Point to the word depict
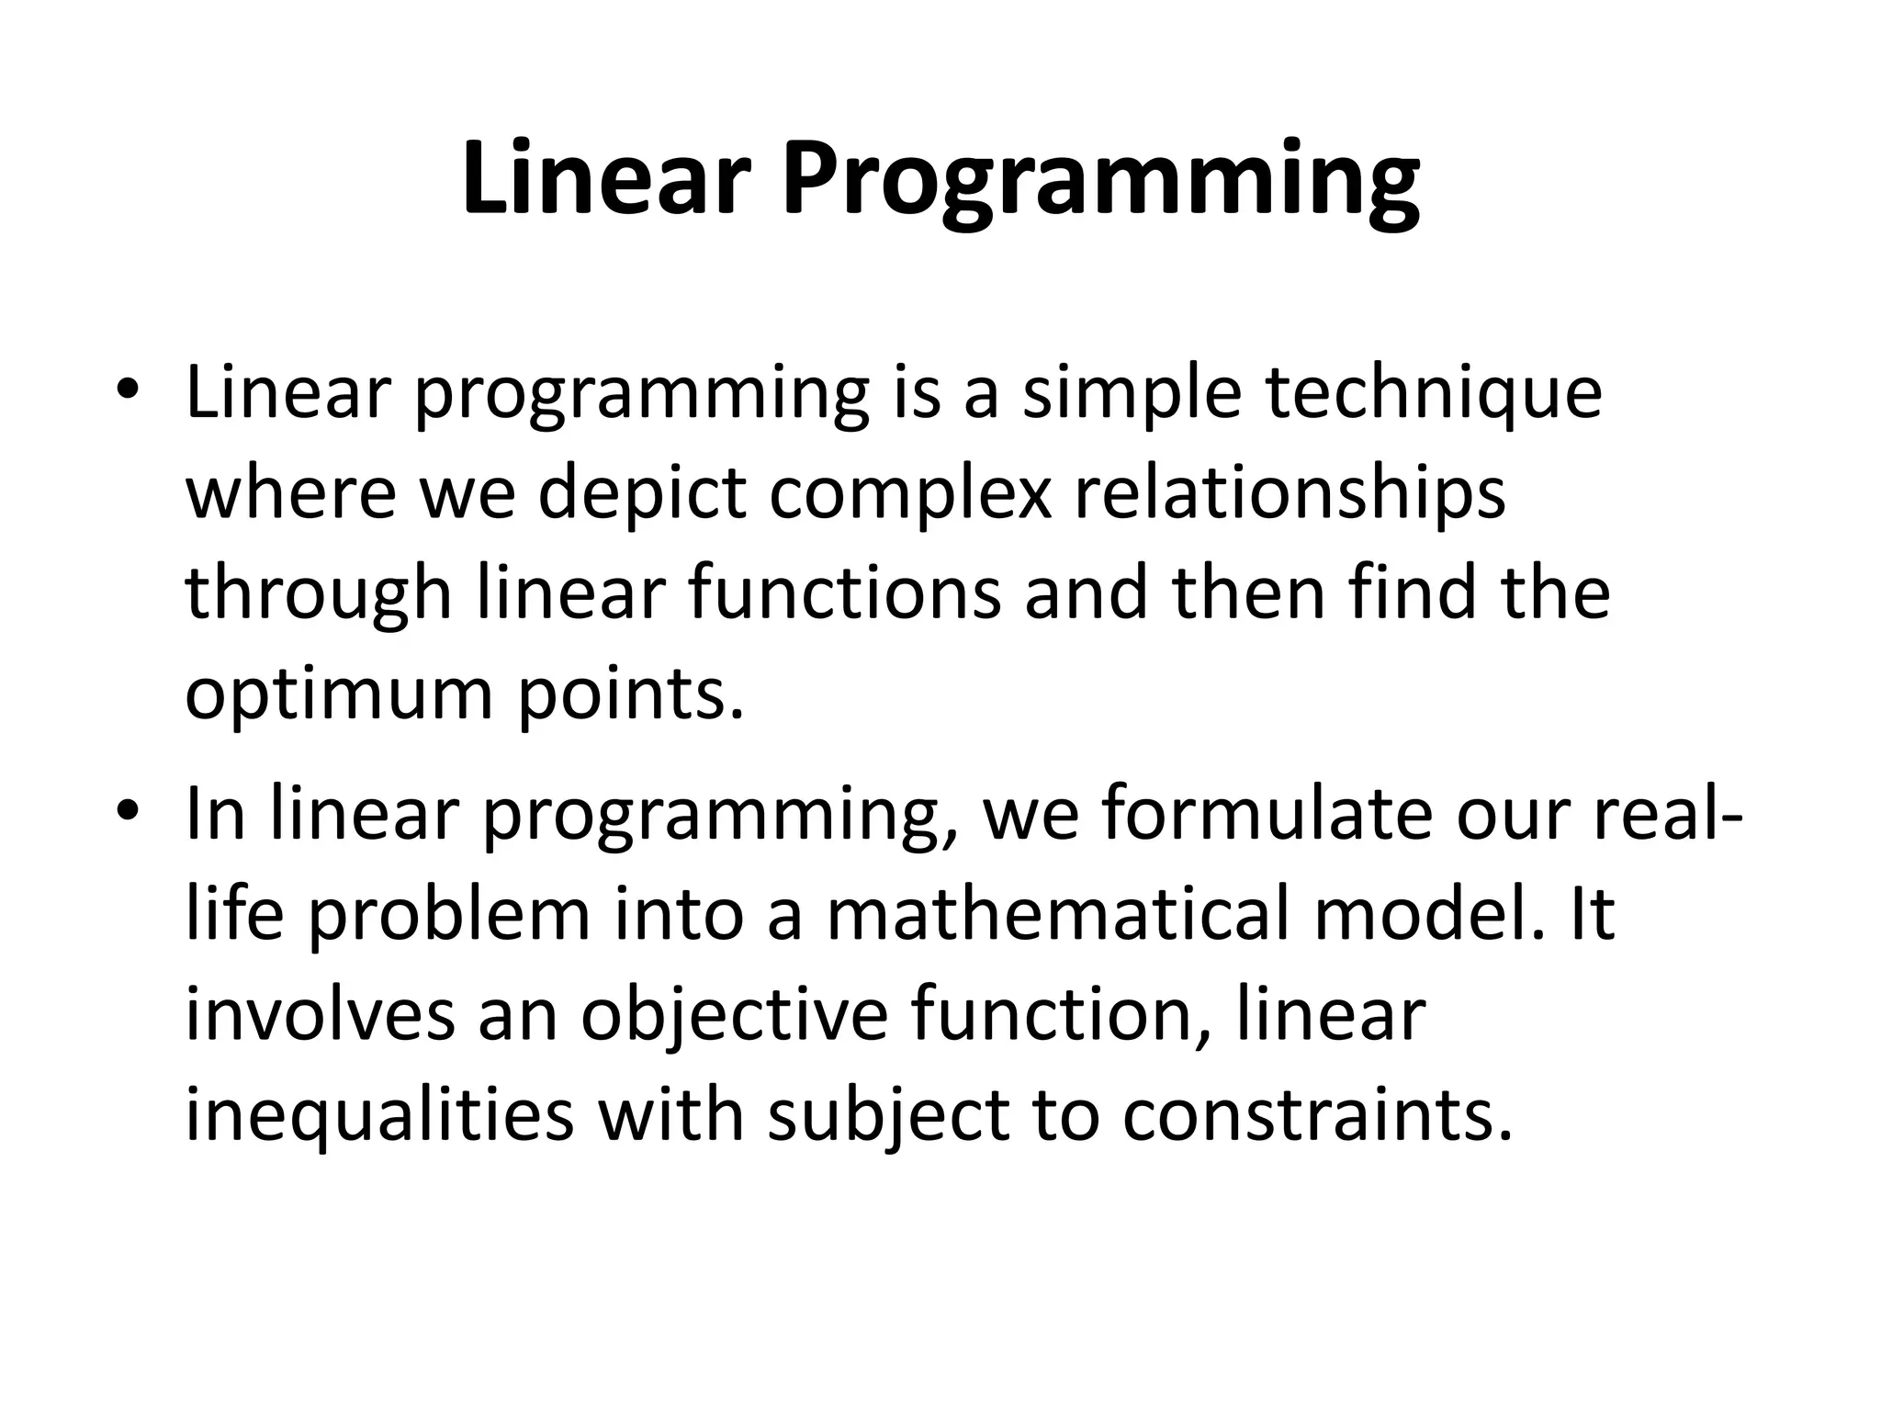click(x=641, y=494)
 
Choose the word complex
click(x=909, y=494)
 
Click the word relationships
click(x=1290, y=494)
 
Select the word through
click(x=318, y=595)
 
